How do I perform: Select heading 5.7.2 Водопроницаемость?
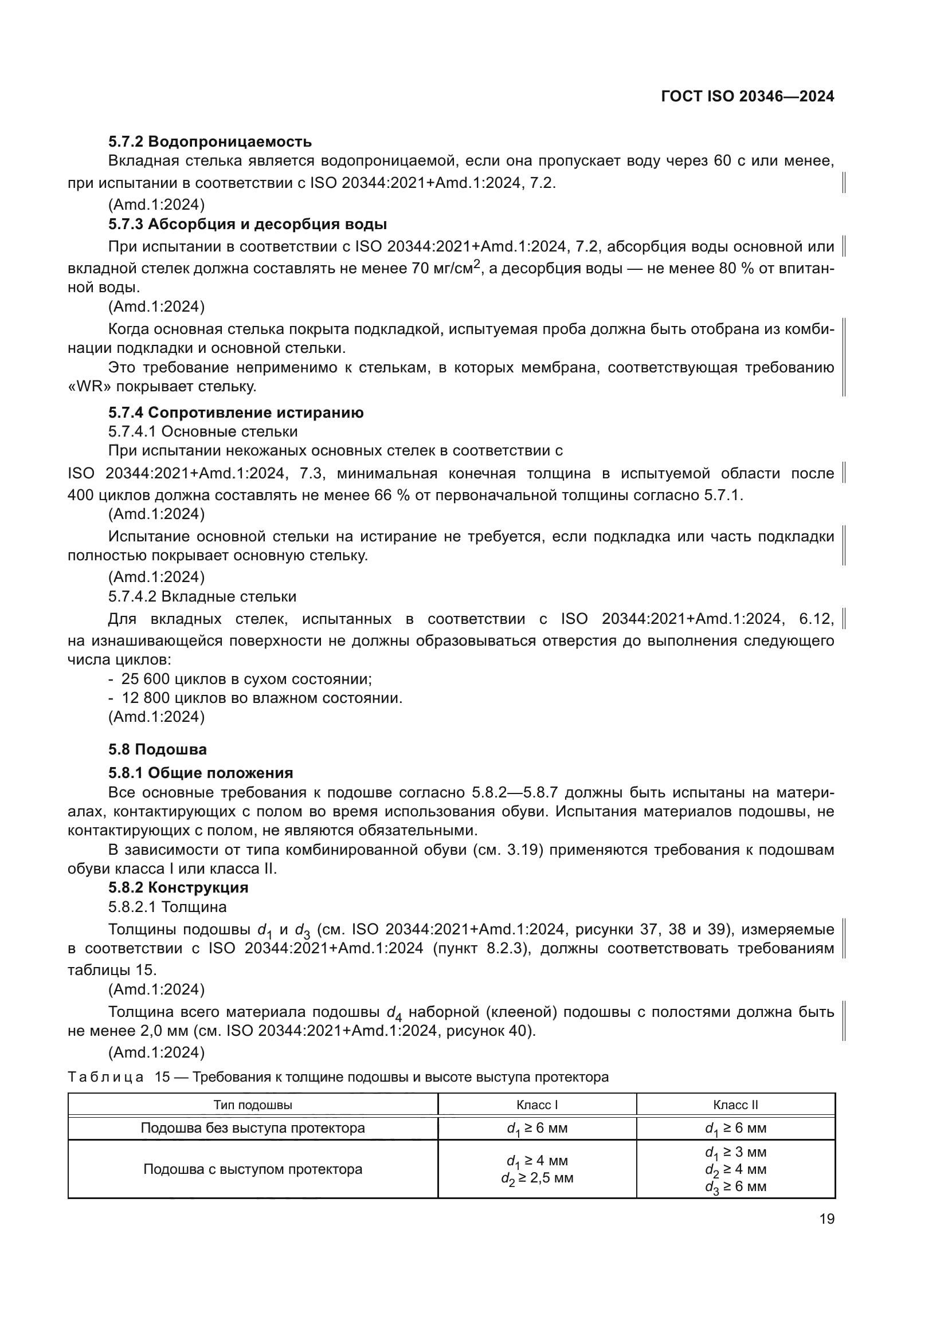tap(210, 142)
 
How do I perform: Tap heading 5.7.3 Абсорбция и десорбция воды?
tap(248, 224)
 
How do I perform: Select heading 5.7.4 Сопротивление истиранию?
tap(236, 412)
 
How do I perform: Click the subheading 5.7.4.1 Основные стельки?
tap(202, 431)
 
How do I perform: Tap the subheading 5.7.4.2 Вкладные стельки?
tap(202, 596)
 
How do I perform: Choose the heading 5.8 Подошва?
tap(157, 749)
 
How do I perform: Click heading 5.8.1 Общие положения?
tap(200, 773)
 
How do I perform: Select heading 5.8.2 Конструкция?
tap(178, 887)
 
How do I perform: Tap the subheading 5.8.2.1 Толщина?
tap(167, 906)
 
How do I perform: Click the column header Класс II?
tap(735, 1105)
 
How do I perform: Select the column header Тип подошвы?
tap(253, 1105)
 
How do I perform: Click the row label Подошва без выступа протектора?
tap(253, 1127)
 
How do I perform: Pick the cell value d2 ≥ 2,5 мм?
tap(537, 1178)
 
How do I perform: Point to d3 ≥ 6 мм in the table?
tap(735, 1186)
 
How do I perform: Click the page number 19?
tap(826, 1219)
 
